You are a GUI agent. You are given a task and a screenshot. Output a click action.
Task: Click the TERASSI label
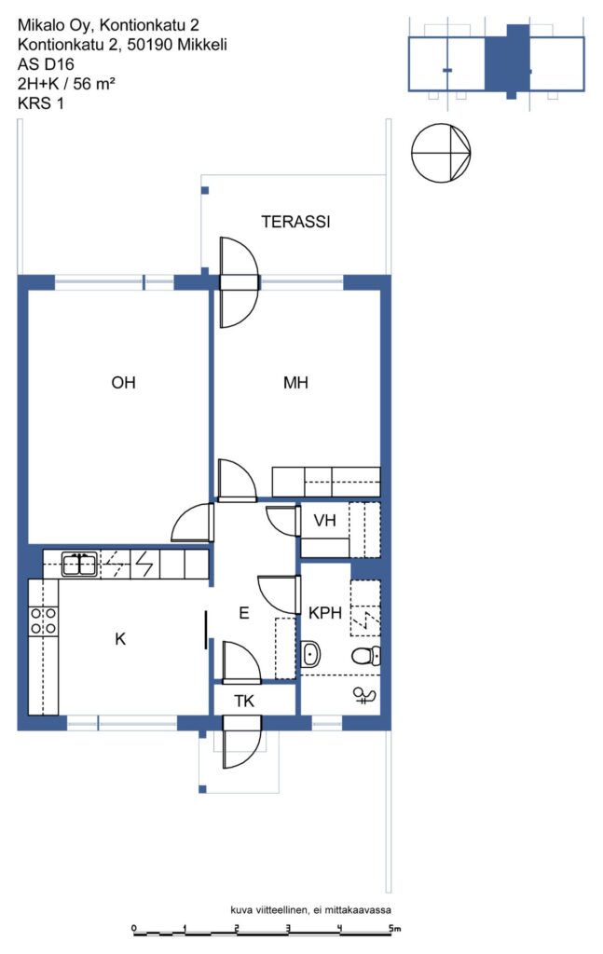[295, 222]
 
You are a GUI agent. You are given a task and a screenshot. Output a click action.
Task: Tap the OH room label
[124, 382]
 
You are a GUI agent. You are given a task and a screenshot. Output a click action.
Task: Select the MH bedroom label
[295, 382]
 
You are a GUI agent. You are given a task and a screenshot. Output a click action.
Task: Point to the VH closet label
[325, 520]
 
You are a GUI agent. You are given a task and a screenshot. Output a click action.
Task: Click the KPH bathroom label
[325, 613]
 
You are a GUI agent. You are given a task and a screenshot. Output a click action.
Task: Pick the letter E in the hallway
[244, 613]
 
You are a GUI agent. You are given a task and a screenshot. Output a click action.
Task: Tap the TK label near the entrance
[244, 701]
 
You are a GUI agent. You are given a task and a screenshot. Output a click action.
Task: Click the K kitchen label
[120, 638]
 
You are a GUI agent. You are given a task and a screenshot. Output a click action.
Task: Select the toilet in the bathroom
[365, 656]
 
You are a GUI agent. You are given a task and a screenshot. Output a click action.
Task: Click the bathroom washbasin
[311, 655]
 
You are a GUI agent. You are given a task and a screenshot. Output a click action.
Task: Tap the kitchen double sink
[79, 565]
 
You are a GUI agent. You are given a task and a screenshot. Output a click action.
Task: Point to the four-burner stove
[44, 621]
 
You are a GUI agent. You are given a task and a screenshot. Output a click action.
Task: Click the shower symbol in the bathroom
[365, 695]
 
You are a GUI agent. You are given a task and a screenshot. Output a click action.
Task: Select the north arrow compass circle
[441, 153]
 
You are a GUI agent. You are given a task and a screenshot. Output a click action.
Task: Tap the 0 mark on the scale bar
[134, 929]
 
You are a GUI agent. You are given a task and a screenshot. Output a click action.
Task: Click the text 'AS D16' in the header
[47, 64]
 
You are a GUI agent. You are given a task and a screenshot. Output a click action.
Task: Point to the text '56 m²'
[94, 83]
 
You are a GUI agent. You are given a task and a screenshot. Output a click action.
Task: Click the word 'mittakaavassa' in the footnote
[358, 910]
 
